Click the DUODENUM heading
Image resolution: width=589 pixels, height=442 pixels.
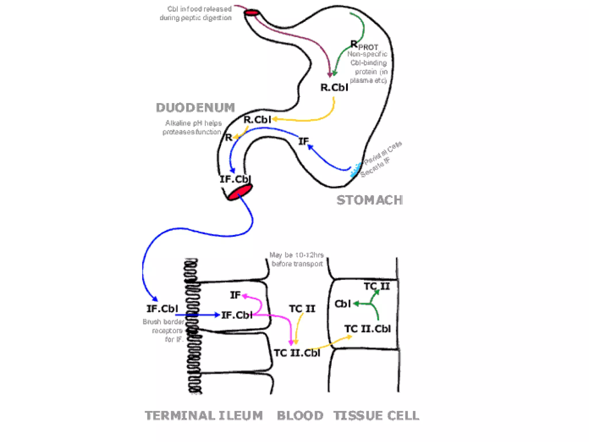(x=195, y=108)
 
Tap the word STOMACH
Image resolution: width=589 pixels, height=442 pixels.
(x=370, y=200)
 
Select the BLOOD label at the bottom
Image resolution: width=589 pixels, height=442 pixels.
(x=300, y=416)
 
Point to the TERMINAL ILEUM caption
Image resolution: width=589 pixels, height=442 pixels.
(x=204, y=416)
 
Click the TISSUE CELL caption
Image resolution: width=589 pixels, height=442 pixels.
(x=376, y=416)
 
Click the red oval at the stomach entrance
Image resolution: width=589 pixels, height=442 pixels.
(x=252, y=13)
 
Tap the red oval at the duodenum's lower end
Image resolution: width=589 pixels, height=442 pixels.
(x=240, y=192)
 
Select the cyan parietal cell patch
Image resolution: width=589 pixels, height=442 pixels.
(x=355, y=170)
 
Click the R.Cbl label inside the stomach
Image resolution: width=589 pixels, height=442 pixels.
(x=334, y=87)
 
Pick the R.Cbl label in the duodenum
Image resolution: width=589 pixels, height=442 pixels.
(x=257, y=120)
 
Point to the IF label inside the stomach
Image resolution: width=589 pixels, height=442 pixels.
(x=303, y=141)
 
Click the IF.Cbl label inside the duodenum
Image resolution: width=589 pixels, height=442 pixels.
(x=235, y=179)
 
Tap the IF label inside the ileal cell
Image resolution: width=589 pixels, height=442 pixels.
(x=235, y=295)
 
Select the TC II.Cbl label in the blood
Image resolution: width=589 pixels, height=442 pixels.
(x=297, y=353)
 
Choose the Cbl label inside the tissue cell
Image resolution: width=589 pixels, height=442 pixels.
(x=343, y=304)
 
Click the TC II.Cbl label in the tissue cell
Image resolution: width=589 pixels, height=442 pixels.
(x=368, y=329)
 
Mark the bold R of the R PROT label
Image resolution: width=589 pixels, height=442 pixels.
(x=354, y=44)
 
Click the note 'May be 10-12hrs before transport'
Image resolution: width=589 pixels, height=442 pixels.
(x=297, y=259)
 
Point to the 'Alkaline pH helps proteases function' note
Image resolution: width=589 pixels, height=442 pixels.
(x=192, y=127)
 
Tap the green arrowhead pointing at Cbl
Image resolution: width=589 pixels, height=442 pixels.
(x=356, y=304)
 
